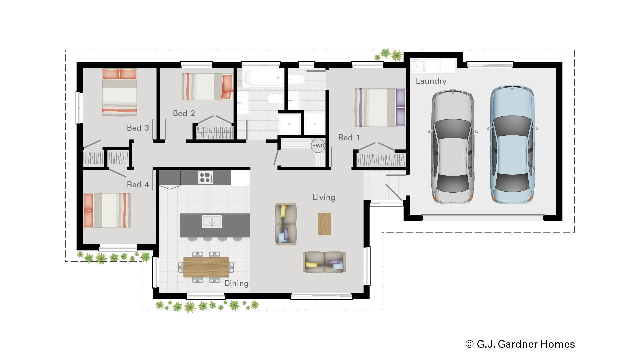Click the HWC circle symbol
318,146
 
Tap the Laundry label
431,81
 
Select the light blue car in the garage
512,144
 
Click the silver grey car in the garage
453,147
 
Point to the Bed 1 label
349,138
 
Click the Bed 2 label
184,113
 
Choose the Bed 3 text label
138,128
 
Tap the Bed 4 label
138,185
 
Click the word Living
324,197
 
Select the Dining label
236,283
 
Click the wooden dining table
206,267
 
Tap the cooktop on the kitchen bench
205,177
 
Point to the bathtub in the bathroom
263,78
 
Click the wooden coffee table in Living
324,224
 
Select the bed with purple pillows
380,107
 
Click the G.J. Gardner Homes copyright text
520,344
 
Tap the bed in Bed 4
107,210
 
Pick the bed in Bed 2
207,87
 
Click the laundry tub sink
417,66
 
